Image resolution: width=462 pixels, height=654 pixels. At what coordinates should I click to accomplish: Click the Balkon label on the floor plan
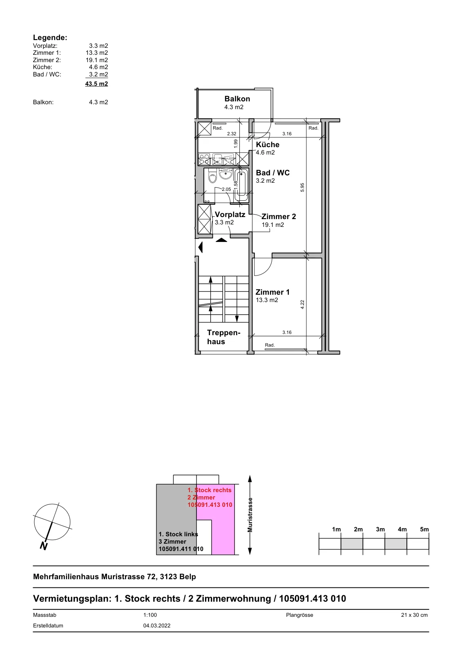tap(237, 99)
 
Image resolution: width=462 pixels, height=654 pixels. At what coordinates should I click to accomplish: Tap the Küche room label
tap(268, 145)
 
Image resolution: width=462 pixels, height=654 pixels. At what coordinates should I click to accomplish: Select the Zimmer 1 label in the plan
tap(272, 292)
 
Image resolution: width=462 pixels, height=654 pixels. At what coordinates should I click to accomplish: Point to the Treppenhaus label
tap(223, 337)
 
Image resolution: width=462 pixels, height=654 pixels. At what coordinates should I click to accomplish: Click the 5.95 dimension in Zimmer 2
tap(302, 188)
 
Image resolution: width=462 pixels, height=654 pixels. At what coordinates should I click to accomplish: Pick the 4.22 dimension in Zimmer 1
tap(302, 305)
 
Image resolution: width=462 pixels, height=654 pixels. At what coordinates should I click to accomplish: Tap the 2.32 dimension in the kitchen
tap(232, 134)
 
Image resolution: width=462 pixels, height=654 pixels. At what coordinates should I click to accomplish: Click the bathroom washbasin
tap(225, 174)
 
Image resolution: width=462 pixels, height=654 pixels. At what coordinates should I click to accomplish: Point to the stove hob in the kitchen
tap(204, 159)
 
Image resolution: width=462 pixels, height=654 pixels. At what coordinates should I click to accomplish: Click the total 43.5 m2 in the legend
tap(96, 84)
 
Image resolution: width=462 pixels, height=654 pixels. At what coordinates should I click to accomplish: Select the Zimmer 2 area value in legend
tap(96, 60)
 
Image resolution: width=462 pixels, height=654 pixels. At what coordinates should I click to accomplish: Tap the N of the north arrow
tap(44, 546)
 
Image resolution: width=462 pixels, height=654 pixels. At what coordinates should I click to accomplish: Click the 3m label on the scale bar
tap(380, 529)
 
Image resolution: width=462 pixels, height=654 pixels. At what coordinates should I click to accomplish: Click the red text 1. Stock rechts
tap(209, 490)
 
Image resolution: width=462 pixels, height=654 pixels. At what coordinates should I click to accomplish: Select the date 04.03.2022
tap(157, 626)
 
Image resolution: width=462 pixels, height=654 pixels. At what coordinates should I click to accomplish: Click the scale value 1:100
tap(150, 615)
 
